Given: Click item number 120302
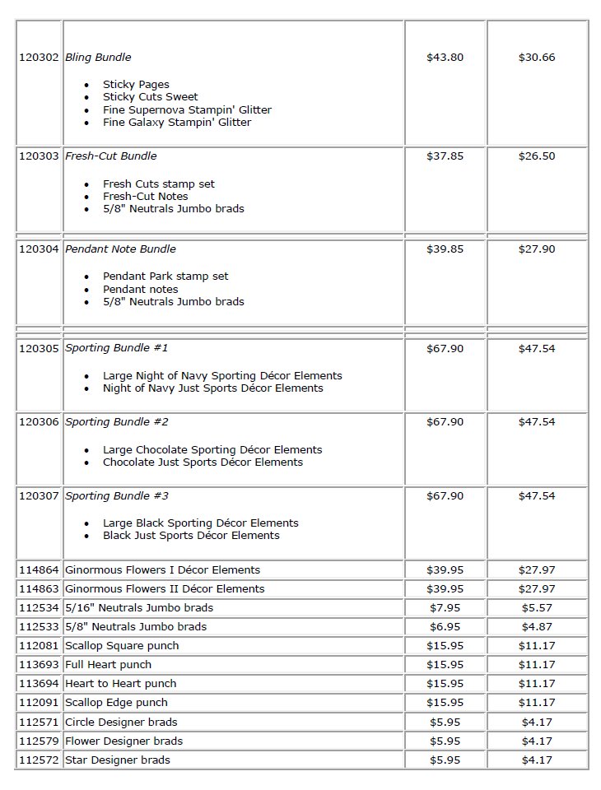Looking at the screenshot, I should click(39, 58).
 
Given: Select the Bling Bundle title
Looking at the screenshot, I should click(98, 58).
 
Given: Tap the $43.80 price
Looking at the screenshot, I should click(445, 58).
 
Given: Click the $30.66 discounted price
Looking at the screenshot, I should click(536, 58).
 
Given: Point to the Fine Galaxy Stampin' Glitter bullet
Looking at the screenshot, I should click(176, 123).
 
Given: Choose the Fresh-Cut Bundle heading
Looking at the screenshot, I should click(110, 156).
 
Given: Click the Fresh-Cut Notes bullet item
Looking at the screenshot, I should click(145, 197).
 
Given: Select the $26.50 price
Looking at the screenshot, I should click(536, 156).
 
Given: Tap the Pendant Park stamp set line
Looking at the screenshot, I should click(165, 276).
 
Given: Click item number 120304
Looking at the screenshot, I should click(39, 249).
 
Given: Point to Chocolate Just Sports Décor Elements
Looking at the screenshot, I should click(203, 462).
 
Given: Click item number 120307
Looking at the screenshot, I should click(39, 496).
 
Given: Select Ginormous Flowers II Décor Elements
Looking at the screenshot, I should click(165, 589).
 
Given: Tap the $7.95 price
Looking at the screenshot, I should click(445, 608).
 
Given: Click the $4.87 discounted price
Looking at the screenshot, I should click(536, 627).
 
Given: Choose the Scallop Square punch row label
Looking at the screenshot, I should click(122, 646).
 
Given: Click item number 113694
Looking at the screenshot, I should click(39, 684).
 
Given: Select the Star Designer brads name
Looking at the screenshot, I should click(117, 760).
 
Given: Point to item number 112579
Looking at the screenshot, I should click(39, 741).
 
